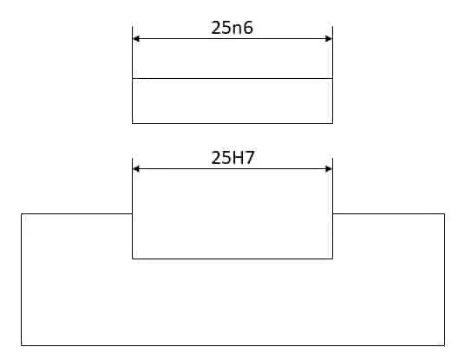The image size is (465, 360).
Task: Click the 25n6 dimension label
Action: point(232,28)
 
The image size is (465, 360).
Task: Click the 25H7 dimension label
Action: point(232,158)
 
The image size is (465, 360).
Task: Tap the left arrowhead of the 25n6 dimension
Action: point(136,38)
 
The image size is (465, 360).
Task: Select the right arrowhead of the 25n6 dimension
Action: point(329,38)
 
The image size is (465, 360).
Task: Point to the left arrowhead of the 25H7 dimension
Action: point(136,169)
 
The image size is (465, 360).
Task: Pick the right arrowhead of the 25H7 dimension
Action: point(329,169)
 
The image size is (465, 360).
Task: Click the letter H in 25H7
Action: point(238,158)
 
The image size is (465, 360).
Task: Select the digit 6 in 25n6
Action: point(248,28)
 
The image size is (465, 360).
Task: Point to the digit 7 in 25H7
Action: point(249,158)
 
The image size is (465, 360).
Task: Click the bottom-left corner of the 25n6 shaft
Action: point(132,123)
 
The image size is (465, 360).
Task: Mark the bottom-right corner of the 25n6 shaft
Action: point(332,123)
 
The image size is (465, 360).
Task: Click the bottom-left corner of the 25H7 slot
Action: point(132,259)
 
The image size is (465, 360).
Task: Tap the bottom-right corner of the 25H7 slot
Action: point(332,259)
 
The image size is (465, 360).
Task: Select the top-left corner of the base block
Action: point(22,213)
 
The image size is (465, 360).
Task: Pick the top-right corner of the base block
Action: point(444,213)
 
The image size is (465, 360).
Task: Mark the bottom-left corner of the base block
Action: point(22,345)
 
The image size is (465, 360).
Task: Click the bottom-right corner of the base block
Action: point(444,345)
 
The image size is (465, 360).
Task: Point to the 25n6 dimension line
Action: point(232,38)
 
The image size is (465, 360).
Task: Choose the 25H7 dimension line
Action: point(232,169)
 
